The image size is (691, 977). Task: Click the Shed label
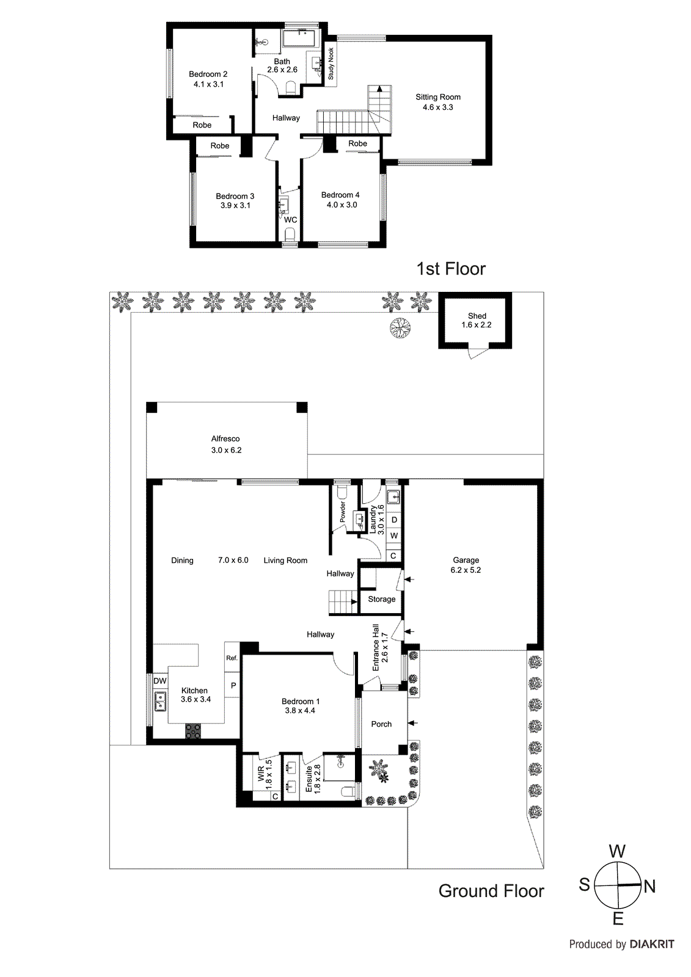click(x=477, y=316)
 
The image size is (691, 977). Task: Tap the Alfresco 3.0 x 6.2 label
click(x=225, y=444)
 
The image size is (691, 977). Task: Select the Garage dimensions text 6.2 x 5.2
click(x=466, y=570)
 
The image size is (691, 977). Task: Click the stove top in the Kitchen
click(x=193, y=731)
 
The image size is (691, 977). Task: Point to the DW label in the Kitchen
click(x=159, y=681)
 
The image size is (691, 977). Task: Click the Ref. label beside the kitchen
click(x=232, y=658)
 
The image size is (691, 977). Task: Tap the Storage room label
click(x=381, y=599)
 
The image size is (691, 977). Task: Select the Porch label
click(x=381, y=724)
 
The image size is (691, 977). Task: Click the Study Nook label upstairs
click(x=331, y=64)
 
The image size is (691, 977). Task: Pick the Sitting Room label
click(x=437, y=97)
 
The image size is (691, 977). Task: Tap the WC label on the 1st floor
click(x=290, y=220)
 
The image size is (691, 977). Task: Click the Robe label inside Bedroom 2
click(x=202, y=125)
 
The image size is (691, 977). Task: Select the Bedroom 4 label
click(x=340, y=195)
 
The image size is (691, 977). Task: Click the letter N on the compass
click(x=649, y=886)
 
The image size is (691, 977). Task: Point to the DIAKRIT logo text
click(x=651, y=944)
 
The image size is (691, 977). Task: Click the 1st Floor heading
click(x=451, y=269)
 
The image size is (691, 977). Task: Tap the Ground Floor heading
click(x=491, y=891)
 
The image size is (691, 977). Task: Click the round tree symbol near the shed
click(x=400, y=329)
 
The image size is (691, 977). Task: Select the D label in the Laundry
click(x=394, y=520)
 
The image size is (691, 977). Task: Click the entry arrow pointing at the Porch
click(x=412, y=723)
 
